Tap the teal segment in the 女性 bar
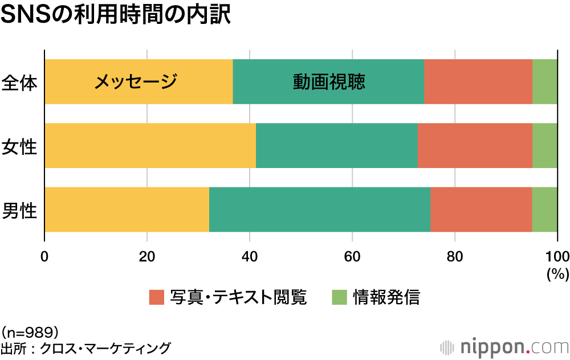point(336,145)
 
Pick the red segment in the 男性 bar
point(481,209)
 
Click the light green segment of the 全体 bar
point(545,81)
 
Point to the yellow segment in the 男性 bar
point(127,209)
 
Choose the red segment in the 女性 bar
point(475,145)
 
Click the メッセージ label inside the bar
point(136,82)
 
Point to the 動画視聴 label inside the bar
point(329,82)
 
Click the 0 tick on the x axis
point(44,255)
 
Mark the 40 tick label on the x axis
point(250,255)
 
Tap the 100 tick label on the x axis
point(557,255)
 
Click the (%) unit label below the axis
point(557,274)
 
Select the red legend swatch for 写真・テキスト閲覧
point(156,297)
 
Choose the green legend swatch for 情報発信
point(339,297)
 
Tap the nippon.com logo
point(504,346)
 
